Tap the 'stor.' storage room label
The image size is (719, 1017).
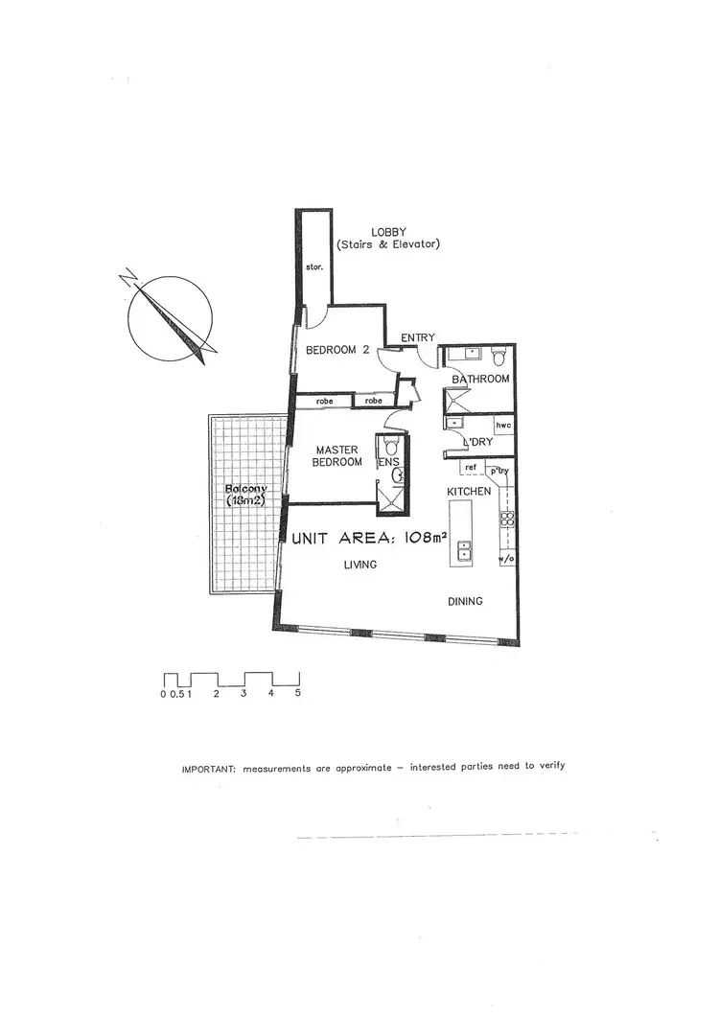coord(313,267)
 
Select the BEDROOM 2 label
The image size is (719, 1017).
coord(337,351)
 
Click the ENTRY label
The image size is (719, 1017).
coord(418,337)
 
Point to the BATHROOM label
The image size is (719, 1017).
coord(481,380)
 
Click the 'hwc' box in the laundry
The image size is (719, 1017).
coord(501,425)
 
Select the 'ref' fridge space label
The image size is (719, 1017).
coord(470,468)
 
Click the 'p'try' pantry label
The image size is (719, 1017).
coord(498,470)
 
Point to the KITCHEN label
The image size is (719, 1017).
coord(469,492)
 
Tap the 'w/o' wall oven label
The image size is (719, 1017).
coord(505,557)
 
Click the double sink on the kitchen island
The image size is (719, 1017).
coord(465,550)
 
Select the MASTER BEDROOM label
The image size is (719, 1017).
coord(338,456)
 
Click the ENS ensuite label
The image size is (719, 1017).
coord(388,462)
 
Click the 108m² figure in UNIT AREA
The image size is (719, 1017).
coord(426,538)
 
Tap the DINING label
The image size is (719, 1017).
coord(465,602)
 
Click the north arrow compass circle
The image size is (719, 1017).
coord(170,320)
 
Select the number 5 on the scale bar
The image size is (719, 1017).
coord(298,693)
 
